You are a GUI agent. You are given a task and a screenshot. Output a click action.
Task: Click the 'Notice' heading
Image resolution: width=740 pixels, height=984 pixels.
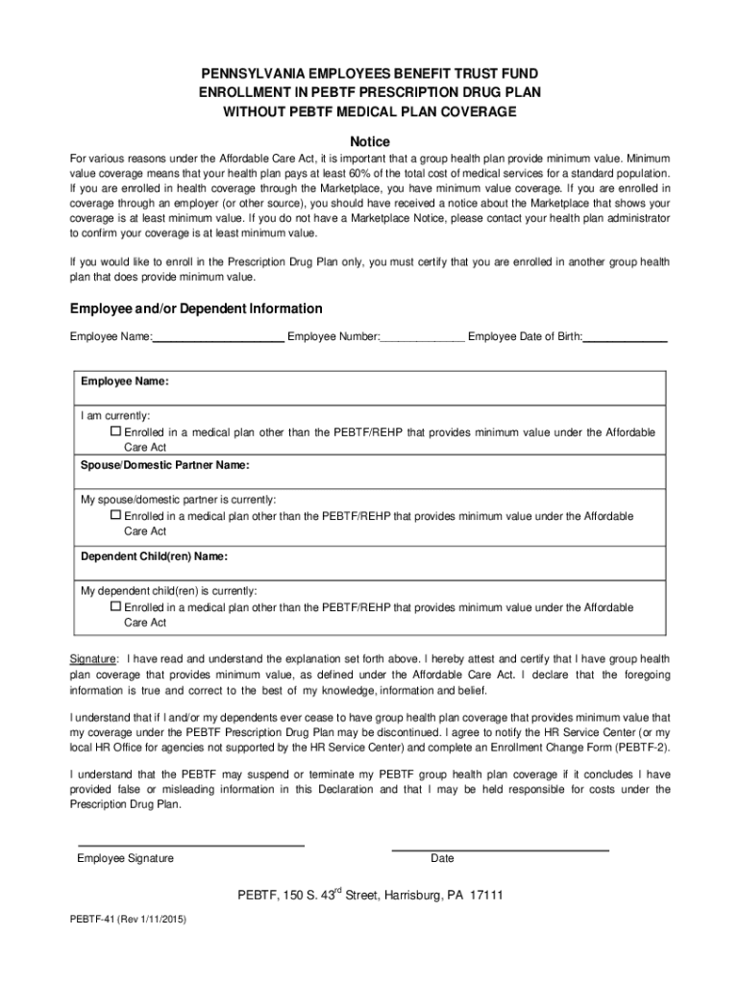coord(369,141)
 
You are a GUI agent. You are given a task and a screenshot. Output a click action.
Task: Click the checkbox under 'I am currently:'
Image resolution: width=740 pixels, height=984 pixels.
coord(116,432)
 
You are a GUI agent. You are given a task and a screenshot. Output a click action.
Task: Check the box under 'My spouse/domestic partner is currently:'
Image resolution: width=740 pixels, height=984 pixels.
coord(116,516)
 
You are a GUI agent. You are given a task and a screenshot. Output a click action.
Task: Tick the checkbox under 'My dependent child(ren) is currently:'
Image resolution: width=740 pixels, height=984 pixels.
coord(116,607)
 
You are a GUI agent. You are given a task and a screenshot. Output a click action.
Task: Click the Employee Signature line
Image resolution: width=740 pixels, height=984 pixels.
coord(190,844)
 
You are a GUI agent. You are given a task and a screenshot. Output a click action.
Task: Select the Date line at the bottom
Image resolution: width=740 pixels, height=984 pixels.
coord(500,849)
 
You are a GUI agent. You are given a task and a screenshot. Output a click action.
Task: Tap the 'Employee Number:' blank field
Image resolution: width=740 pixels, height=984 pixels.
coord(423,337)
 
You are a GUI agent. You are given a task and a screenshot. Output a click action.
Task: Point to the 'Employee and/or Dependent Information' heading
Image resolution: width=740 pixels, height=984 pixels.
coord(196,309)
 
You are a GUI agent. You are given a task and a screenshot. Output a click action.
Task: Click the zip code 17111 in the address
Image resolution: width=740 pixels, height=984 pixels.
coord(486,896)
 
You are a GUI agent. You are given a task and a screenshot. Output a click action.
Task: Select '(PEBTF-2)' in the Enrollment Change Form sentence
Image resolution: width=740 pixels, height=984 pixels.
coord(639,748)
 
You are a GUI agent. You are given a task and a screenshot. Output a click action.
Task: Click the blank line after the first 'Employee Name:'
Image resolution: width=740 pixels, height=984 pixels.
coord(218,337)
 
